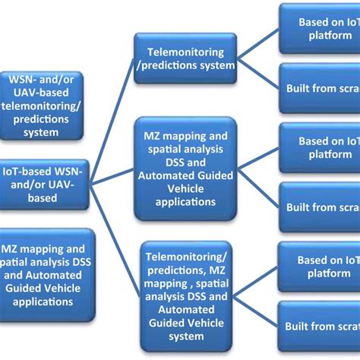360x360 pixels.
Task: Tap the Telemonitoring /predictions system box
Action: coord(185,58)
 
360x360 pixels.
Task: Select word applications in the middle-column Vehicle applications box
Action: coord(185,202)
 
